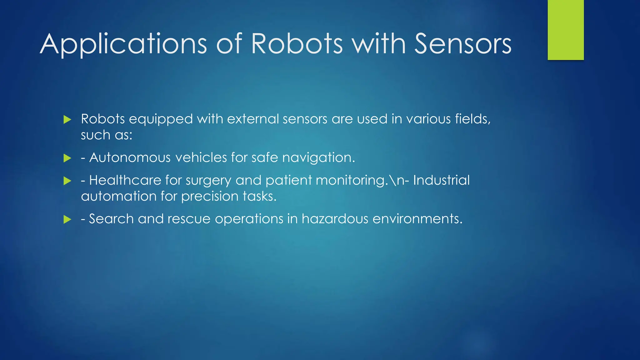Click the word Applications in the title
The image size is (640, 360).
(123, 44)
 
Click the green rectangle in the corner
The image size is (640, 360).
(566, 30)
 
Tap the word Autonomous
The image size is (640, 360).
(130, 157)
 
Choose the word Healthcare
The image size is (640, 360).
(125, 180)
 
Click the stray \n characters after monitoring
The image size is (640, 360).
(395, 180)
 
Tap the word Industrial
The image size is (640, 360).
(441, 180)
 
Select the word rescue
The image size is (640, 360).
(189, 219)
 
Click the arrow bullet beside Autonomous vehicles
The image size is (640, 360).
(67, 158)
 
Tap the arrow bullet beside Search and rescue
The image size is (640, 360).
(67, 219)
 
